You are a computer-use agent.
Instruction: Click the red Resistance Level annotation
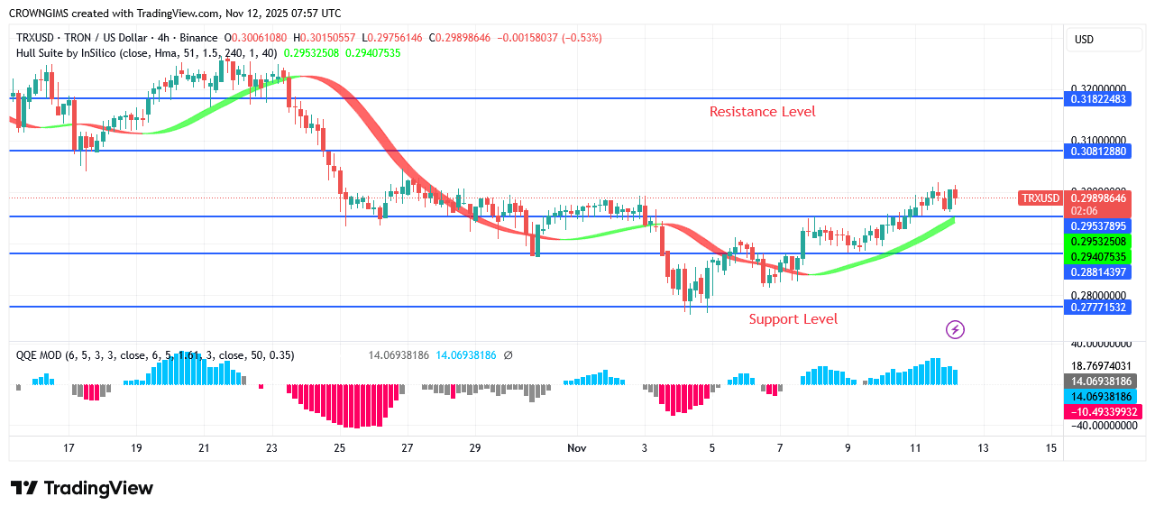tap(762, 112)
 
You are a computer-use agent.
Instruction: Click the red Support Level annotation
tap(793, 319)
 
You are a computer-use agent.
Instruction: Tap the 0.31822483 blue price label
tap(1098, 99)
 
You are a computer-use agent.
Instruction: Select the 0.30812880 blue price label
tap(1098, 152)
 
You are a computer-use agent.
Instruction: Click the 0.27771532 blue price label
tap(1098, 308)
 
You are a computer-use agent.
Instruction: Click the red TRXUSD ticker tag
tap(1040, 198)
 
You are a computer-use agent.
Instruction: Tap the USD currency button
tap(1084, 40)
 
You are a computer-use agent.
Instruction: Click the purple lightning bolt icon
tap(955, 330)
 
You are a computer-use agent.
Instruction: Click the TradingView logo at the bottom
tap(82, 488)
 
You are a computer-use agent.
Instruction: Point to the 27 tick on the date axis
tap(408, 448)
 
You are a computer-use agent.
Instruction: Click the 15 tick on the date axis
tap(1050, 448)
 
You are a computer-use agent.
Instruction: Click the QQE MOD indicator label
tap(39, 355)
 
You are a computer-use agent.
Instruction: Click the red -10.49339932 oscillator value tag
tap(1104, 411)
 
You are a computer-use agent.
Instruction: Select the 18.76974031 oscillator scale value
tap(1100, 365)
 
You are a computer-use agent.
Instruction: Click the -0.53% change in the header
tap(582, 38)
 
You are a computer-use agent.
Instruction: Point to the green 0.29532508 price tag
tap(1098, 242)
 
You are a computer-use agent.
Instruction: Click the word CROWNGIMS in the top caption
tap(41, 14)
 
